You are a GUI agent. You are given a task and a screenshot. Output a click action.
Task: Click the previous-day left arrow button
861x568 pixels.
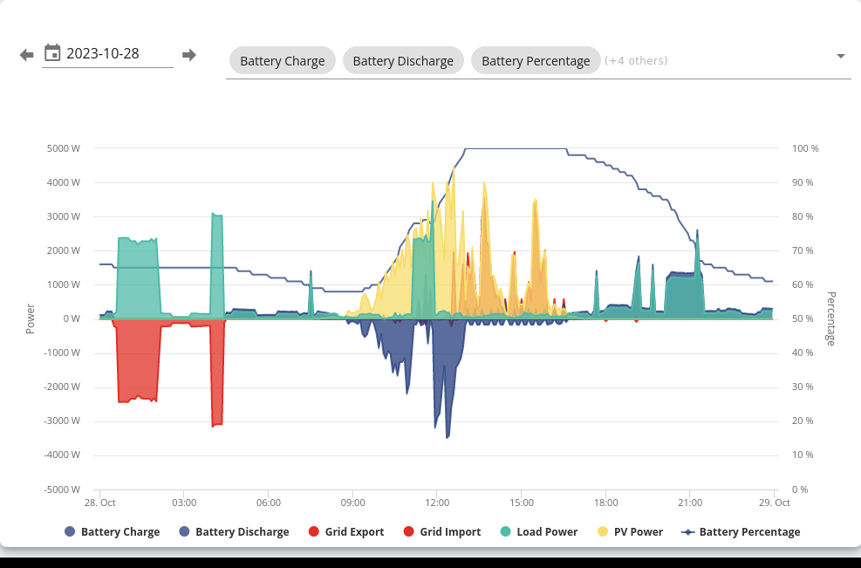click(x=26, y=55)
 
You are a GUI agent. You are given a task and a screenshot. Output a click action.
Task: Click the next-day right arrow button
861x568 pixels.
click(x=189, y=55)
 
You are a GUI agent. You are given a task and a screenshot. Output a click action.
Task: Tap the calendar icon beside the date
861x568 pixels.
click(x=52, y=52)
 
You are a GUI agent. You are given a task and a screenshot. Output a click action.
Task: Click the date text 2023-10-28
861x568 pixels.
click(x=103, y=53)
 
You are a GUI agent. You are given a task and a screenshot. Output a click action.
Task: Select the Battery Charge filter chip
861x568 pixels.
click(x=283, y=60)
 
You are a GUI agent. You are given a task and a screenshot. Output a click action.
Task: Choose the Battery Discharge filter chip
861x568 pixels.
click(x=403, y=60)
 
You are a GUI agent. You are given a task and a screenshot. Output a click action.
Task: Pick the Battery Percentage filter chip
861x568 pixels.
click(x=536, y=60)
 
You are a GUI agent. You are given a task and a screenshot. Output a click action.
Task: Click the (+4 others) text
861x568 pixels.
click(x=636, y=60)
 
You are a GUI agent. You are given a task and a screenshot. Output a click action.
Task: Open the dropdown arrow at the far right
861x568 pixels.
click(x=840, y=56)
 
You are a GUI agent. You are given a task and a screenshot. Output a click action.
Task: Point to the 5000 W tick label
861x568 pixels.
click(x=63, y=148)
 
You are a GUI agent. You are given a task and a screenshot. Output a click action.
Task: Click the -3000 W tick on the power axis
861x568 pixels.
click(x=62, y=421)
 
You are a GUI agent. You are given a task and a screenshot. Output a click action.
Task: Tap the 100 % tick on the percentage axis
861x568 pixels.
click(x=805, y=148)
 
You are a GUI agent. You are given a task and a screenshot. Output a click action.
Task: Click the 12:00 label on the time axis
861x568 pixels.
click(x=437, y=503)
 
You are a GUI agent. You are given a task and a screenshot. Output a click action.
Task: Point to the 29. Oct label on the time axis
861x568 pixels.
click(x=775, y=503)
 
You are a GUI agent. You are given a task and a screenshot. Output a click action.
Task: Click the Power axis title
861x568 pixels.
click(x=31, y=318)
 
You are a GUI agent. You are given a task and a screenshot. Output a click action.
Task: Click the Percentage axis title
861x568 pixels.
click(x=830, y=318)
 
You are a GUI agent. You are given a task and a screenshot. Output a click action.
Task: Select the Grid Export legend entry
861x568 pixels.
click(x=346, y=531)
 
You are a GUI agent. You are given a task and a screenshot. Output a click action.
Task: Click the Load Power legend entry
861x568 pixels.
click(x=539, y=531)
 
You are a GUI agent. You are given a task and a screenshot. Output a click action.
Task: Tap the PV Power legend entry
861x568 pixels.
click(x=631, y=531)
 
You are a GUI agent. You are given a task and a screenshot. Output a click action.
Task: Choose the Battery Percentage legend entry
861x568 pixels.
click(x=741, y=531)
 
